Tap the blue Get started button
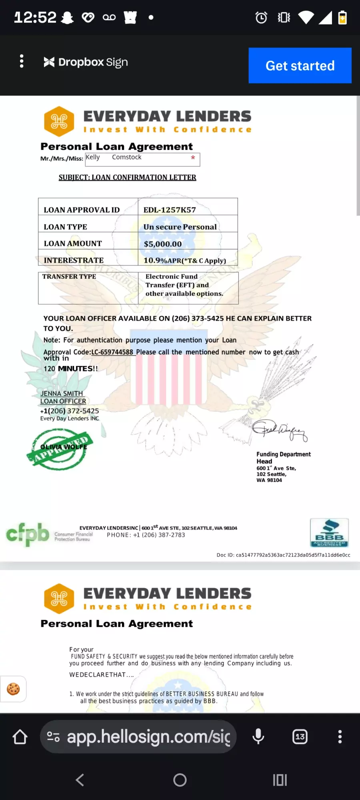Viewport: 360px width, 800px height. click(300, 66)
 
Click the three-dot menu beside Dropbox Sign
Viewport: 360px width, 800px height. click(22, 61)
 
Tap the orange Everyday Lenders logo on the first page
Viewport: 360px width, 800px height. click(59, 121)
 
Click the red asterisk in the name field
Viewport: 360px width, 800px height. click(193, 158)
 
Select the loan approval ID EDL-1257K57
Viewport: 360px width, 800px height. click(170, 210)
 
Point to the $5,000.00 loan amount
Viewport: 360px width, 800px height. click(163, 244)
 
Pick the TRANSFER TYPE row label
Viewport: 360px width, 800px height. click(69, 276)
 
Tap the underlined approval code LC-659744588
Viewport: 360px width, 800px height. click(112, 352)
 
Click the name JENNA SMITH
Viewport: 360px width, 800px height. click(62, 393)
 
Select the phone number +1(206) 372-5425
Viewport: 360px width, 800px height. click(70, 411)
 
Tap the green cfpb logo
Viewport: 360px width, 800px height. click(27, 534)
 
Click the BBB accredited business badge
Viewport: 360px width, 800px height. click(329, 533)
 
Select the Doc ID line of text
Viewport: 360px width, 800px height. click(283, 555)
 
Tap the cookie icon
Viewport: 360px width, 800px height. click(13, 689)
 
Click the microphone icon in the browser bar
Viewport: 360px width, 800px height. click(258, 736)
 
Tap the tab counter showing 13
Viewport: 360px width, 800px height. click(300, 736)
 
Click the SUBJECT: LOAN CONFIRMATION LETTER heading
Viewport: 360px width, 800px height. click(127, 177)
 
